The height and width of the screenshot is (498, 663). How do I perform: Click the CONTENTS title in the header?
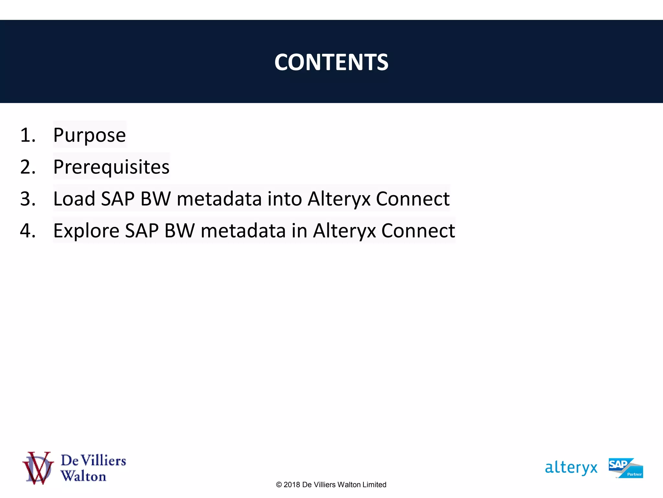[331, 62]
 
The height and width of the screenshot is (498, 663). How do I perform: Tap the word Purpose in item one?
[89, 135]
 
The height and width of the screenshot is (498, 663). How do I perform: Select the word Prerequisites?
[111, 167]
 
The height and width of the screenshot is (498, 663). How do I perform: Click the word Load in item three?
[74, 198]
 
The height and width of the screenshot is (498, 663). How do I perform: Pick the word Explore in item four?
[86, 231]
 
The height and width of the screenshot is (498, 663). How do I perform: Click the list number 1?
[27, 135]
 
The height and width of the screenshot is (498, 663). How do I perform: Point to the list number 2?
[28, 167]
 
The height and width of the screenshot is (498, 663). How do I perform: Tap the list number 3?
[28, 199]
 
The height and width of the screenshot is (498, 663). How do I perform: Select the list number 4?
[28, 231]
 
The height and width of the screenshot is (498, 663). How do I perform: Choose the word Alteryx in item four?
[344, 231]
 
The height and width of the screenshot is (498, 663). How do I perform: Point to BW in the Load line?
[155, 198]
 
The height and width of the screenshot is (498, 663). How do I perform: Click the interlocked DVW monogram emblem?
[38, 468]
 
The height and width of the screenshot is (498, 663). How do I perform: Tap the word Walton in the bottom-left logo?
[84, 476]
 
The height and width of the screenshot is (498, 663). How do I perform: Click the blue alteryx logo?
[571, 468]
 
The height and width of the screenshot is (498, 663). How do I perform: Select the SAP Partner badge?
[625, 468]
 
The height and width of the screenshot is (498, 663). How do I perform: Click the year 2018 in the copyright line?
[291, 485]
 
